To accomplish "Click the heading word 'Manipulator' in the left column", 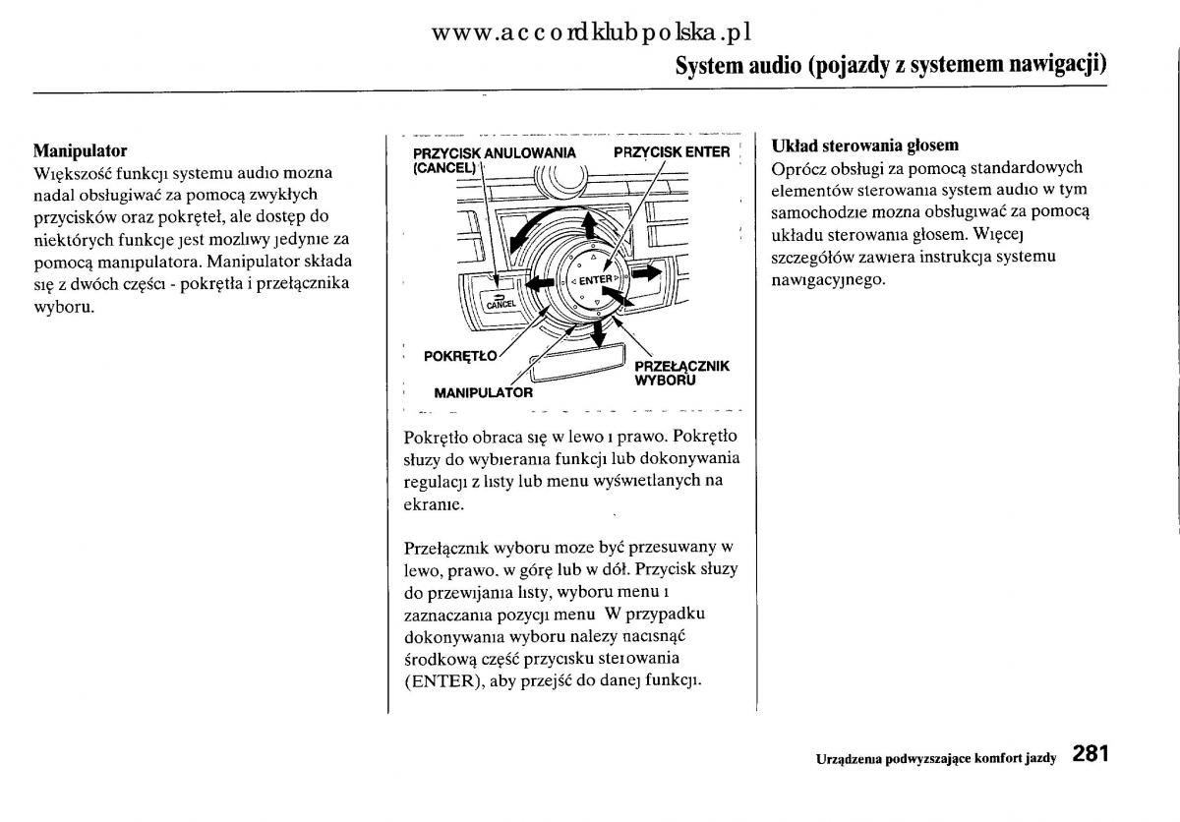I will click(x=80, y=151).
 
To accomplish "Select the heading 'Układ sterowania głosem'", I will click(x=864, y=146).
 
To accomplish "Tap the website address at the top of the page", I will click(x=591, y=32).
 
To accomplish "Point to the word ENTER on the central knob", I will click(x=596, y=281).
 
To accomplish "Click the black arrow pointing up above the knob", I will click(x=590, y=227).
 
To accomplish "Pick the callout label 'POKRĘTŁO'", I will click(x=460, y=356).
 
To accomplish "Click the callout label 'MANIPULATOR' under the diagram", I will click(x=483, y=392).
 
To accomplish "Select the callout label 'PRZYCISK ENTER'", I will click(x=672, y=152).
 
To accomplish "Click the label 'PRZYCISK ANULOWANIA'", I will click(x=494, y=152).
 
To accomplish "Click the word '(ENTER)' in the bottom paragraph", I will click(x=440, y=680).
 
